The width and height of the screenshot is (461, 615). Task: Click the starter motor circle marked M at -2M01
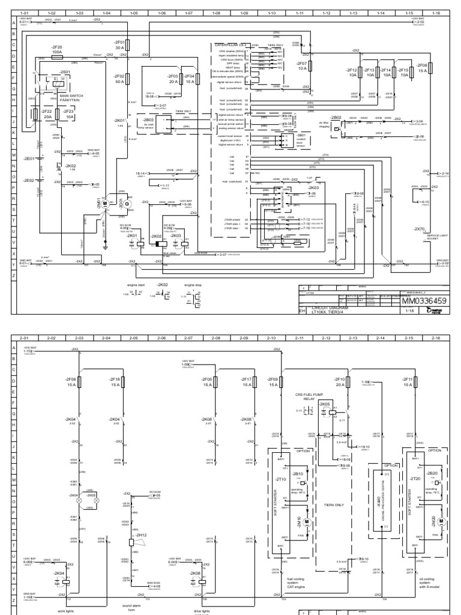(104, 204)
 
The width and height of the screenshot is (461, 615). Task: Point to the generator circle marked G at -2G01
(126, 204)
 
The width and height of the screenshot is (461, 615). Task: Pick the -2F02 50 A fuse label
(119, 79)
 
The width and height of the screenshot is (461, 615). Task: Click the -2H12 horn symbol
(131, 525)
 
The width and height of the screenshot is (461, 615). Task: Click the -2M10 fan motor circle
(306, 505)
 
